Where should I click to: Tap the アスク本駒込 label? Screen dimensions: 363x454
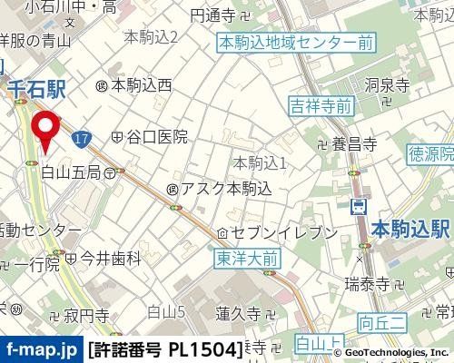click(x=219, y=189)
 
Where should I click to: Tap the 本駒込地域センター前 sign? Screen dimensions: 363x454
click(x=284, y=42)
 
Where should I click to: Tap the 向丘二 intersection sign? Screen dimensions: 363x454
click(x=380, y=321)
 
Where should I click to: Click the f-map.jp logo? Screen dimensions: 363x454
click(x=40, y=348)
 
